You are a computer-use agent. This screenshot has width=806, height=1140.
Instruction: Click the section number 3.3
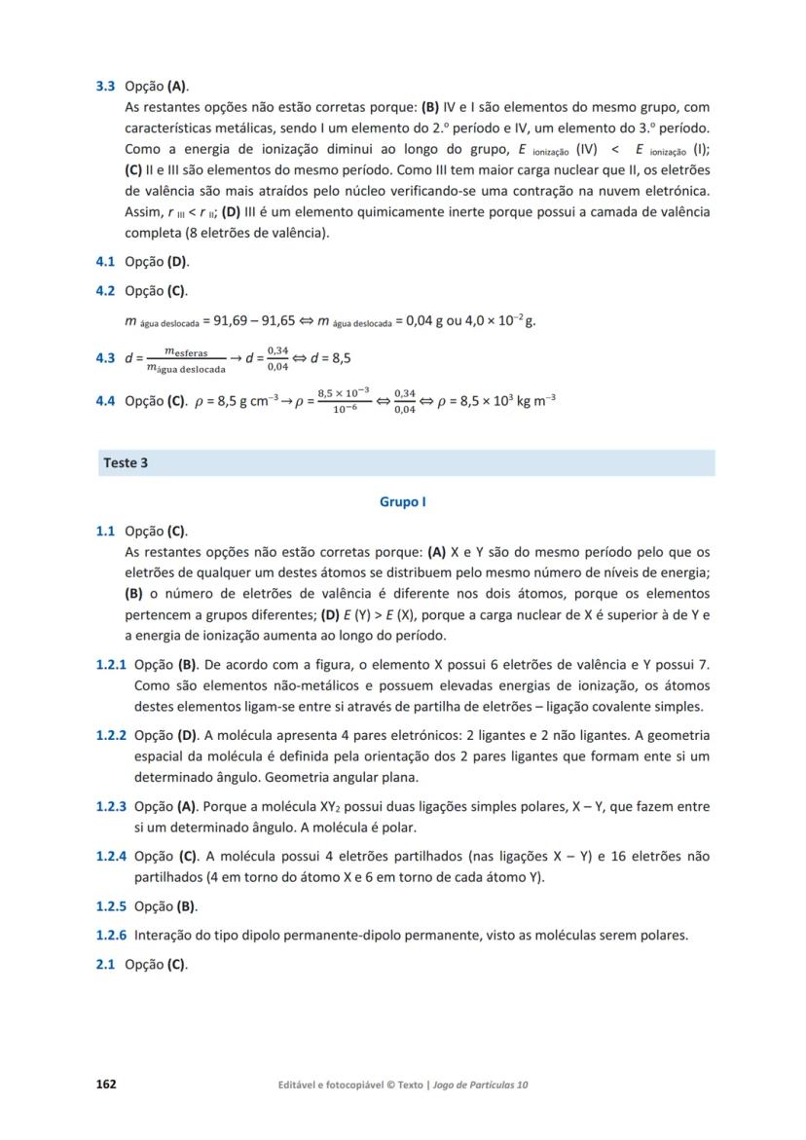(105, 86)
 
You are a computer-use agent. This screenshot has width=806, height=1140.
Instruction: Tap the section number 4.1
(105, 262)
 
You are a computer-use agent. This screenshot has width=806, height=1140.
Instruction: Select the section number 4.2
(105, 291)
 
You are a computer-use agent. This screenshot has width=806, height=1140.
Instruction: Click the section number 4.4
(105, 401)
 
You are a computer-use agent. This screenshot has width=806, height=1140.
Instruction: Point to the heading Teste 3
(126, 463)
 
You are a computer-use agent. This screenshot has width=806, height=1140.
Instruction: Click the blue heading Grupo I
(403, 502)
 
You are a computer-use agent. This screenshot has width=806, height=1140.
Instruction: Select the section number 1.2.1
(111, 665)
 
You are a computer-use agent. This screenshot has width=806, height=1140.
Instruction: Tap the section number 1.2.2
(111, 736)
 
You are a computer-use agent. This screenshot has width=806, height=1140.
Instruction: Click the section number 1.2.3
(111, 807)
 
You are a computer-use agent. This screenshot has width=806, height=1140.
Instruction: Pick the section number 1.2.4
(111, 857)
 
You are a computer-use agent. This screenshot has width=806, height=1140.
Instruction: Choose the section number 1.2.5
(111, 906)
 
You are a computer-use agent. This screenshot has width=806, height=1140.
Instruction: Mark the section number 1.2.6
(111, 936)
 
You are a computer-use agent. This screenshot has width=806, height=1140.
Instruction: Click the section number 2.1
(105, 965)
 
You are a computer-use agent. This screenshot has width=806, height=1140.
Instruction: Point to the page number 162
(105, 1085)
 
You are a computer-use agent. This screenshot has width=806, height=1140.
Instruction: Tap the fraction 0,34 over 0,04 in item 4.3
(277, 358)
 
